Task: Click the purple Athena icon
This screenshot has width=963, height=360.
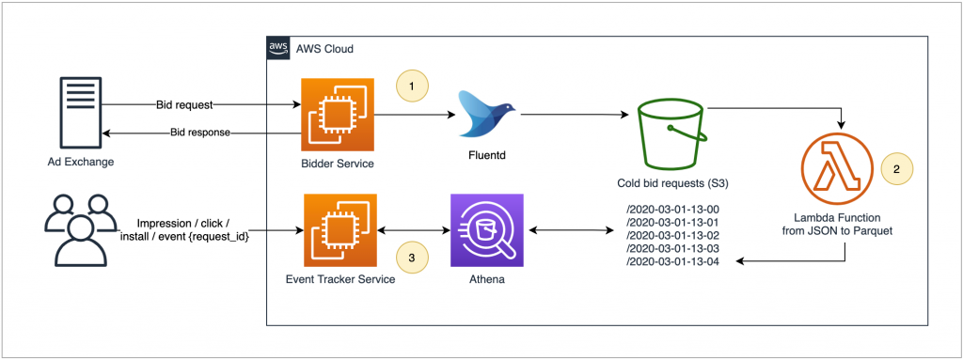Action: coord(487,230)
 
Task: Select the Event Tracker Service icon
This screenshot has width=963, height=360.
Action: coord(339,230)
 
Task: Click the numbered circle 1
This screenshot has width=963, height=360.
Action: coord(410,86)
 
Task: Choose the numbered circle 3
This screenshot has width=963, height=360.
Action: coord(411,255)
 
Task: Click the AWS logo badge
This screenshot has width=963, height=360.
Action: coord(279,48)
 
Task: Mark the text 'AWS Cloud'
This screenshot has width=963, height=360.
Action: coord(325,48)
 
